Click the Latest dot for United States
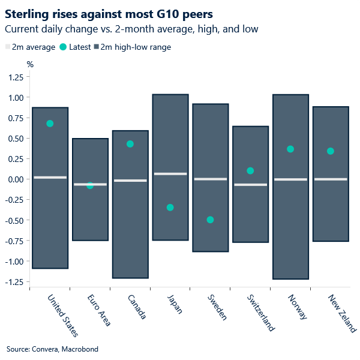coord(50,124)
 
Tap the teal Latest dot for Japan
coord(170,208)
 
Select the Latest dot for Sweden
coord(210,220)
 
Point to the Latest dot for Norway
coord(290,149)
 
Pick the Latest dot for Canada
coord(130,144)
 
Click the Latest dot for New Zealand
coord(331,151)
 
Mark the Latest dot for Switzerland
coord(250,171)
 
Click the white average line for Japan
coord(170,174)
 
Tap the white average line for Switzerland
coord(250,185)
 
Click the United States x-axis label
coord(62,316)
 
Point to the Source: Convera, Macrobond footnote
coord(52,349)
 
